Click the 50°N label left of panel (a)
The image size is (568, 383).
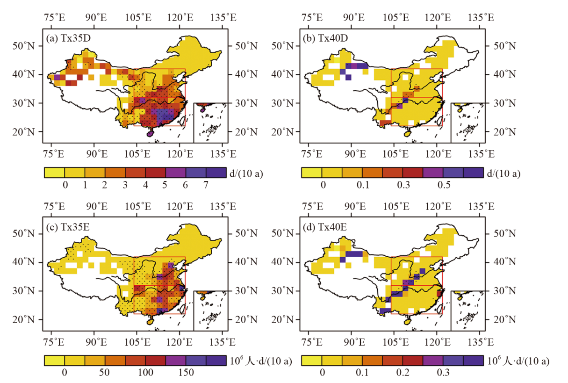[23, 45]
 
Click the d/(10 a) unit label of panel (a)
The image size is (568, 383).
[247, 173]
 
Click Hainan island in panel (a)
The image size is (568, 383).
[150, 134]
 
